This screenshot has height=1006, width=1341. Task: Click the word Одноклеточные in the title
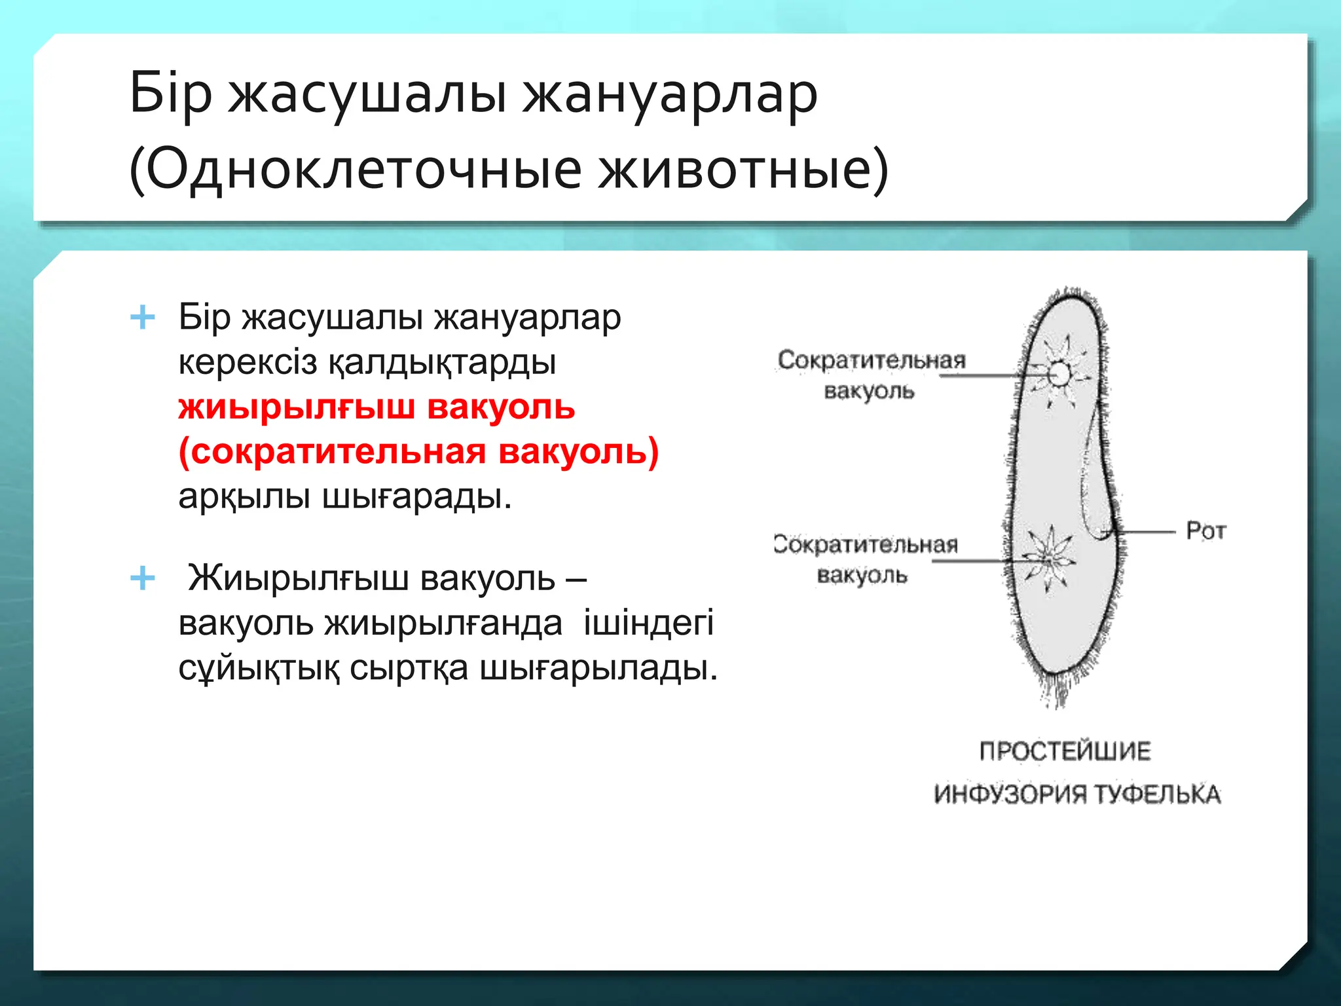[x=363, y=169]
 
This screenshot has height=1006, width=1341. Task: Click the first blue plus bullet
[x=143, y=318]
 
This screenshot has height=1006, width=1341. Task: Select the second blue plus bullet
[x=143, y=579]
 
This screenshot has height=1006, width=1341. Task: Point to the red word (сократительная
[x=331, y=452]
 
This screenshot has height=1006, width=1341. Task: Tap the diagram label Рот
[x=1205, y=531]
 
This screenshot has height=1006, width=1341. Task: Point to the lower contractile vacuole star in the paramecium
[x=1049, y=560]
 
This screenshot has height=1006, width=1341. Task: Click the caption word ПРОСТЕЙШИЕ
[x=1065, y=751]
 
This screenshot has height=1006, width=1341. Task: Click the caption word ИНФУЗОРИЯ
[x=1010, y=794]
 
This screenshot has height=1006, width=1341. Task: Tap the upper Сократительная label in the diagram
[x=872, y=360]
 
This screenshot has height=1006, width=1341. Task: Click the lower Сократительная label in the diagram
[x=866, y=544]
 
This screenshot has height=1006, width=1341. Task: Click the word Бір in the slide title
[x=171, y=94]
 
